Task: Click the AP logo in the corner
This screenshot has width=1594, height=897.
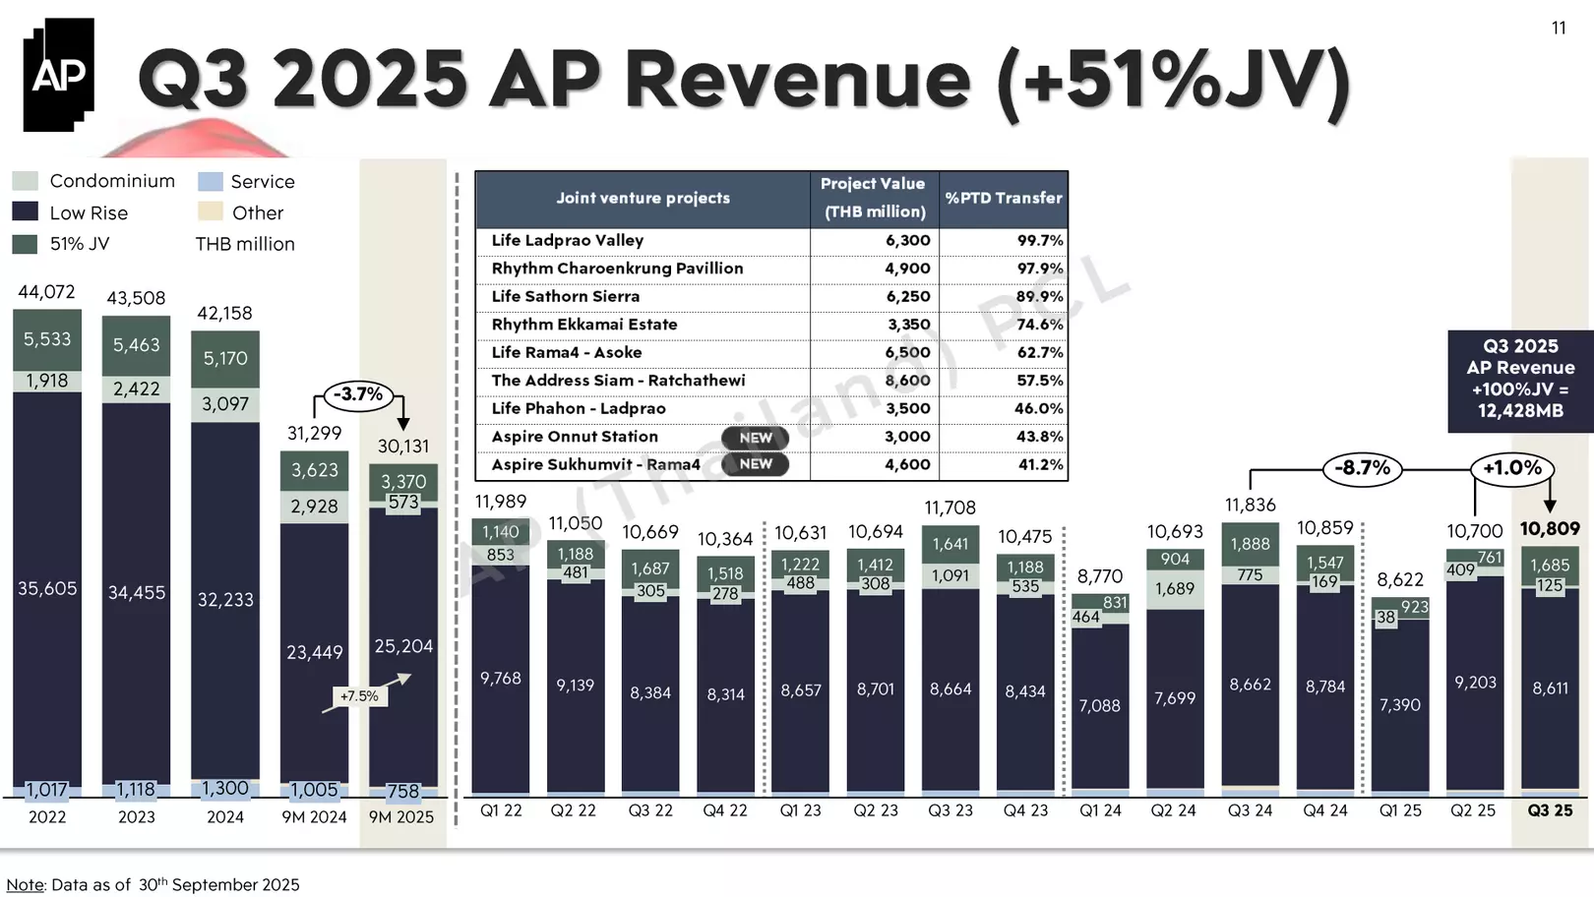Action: click(x=59, y=75)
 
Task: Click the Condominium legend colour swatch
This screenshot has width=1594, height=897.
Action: click(x=26, y=181)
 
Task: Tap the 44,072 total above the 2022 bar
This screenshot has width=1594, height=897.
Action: click(x=46, y=292)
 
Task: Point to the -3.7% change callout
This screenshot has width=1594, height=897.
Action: click(x=358, y=394)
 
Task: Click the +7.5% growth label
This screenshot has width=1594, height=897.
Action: click(x=359, y=696)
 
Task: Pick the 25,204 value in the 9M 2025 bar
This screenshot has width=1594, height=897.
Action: click(x=403, y=646)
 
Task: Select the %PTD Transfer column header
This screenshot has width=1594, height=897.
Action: click(x=1004, y=198)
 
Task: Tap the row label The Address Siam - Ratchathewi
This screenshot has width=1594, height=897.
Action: click(x=618, y=381)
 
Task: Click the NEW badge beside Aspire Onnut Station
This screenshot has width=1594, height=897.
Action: click(x=756, y=438)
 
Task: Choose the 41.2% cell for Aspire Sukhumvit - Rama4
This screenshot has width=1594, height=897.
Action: click(x=1039, y=465)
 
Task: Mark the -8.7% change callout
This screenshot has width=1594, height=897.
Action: click(x=1363, y=468)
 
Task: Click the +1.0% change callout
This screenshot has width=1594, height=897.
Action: click(x=1512, y=468)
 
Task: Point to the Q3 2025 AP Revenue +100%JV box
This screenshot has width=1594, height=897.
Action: click(x=1520, y=379)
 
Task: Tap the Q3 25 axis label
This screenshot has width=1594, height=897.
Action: click(x=1550, y=811)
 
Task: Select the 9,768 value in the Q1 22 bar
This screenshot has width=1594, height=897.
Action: click(x=501, y=679)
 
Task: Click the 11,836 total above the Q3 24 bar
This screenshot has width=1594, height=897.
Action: click(x=1250, y=506)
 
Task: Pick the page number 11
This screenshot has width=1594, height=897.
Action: click(x=1559, y=29)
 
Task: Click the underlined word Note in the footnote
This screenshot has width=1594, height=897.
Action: click(x=25, y=885)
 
